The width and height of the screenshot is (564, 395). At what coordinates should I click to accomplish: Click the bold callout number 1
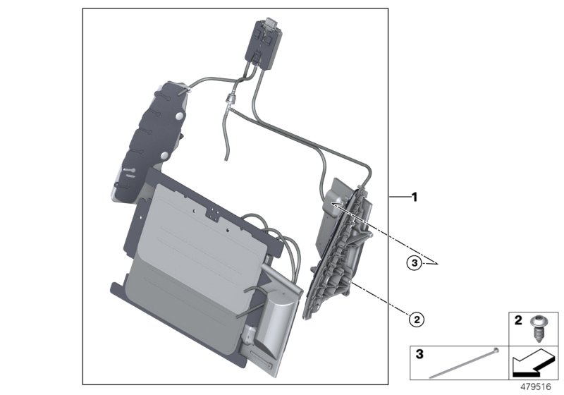(x=415, y=197)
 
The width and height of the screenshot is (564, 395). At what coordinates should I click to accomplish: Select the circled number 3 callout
(x=417, y=263)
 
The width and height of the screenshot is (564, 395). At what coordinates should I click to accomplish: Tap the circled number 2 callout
(x=417, y=320)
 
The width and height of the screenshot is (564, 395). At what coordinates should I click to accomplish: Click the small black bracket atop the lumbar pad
(x=210, y=209)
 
